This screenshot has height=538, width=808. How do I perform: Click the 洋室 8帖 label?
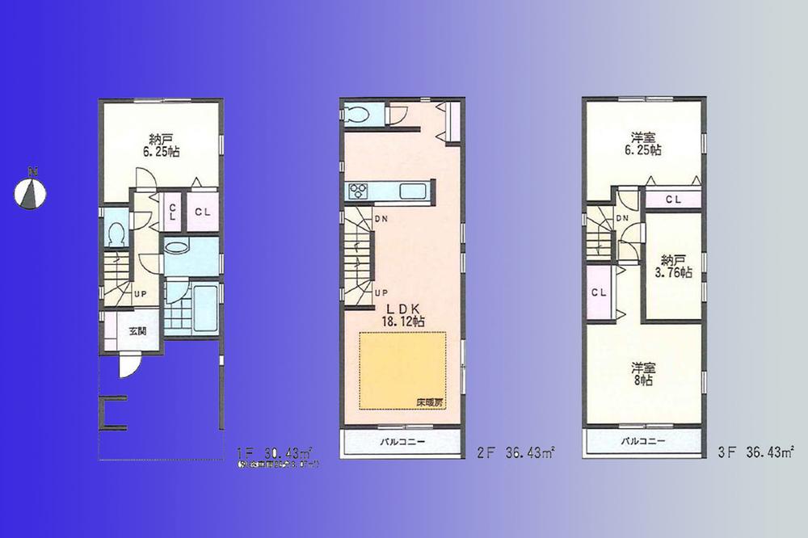tap(643, 374)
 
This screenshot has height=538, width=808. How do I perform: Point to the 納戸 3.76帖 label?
tap(673, 266)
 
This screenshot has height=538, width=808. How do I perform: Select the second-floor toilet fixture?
tap(356, 114)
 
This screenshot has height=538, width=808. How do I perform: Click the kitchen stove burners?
tap(357, 191)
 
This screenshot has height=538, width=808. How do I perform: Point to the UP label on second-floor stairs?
tap(379, 293)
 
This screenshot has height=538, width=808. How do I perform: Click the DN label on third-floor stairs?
tap(623, 218)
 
